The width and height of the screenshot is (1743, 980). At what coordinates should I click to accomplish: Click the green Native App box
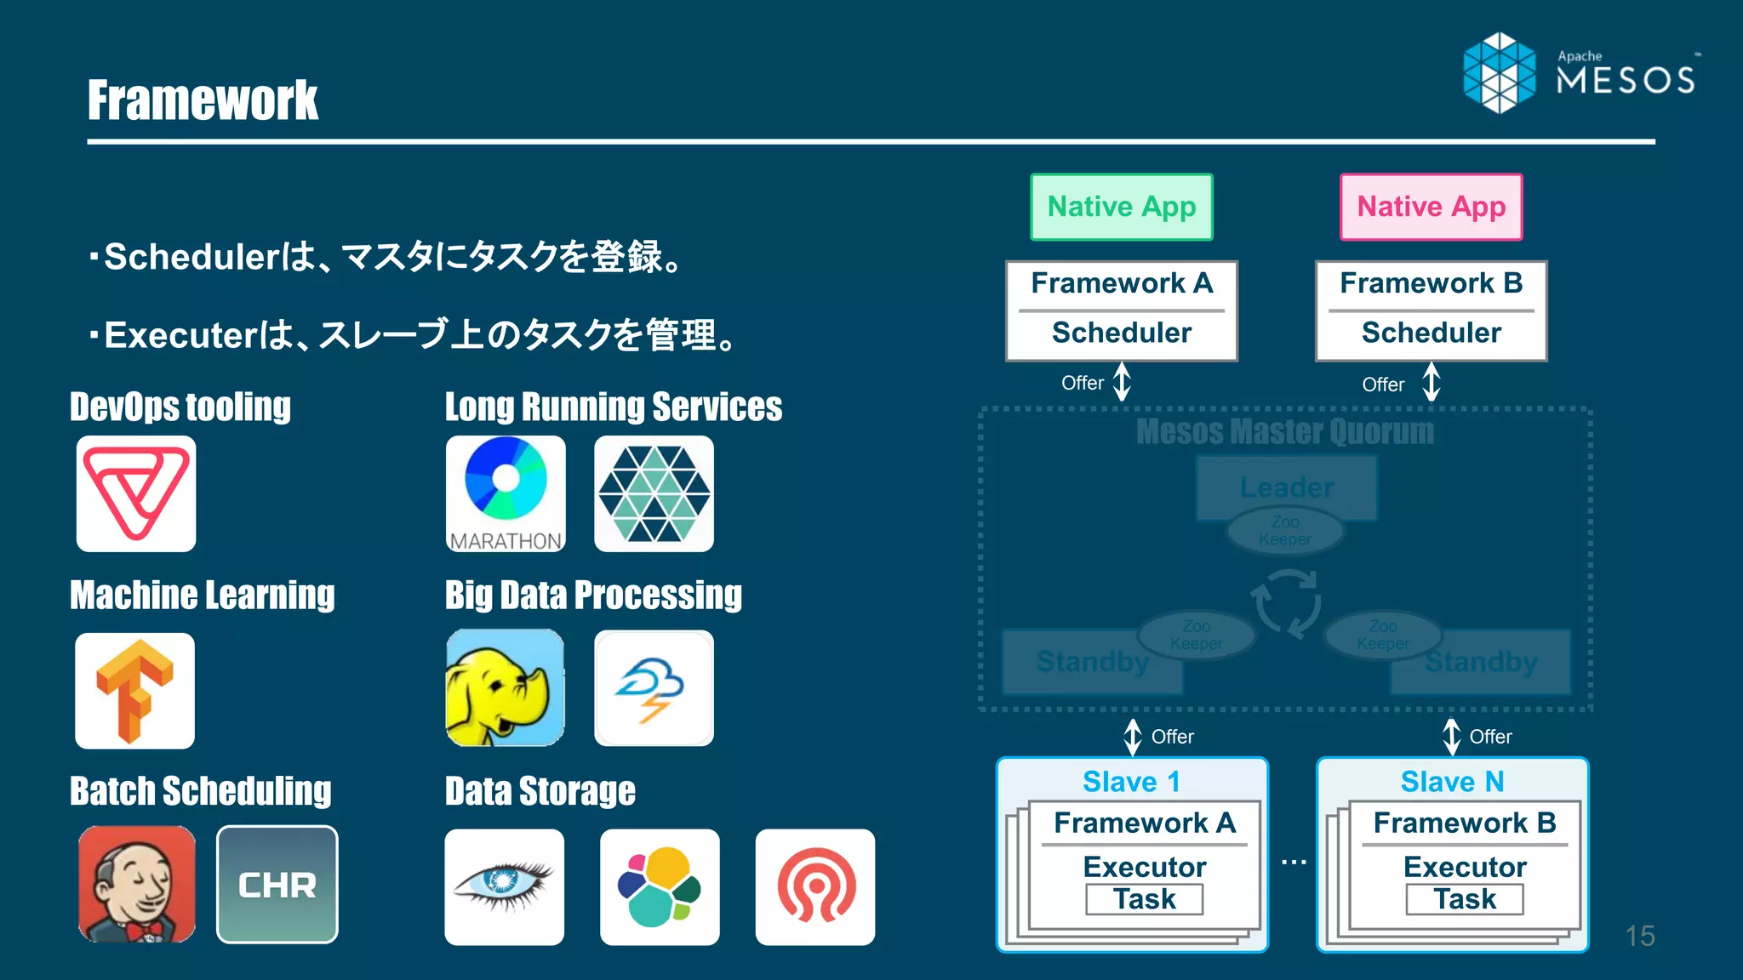point(1121,207)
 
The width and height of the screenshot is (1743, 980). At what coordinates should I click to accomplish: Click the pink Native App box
point(1431,207)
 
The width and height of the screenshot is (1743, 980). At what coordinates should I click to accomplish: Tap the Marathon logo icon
point(506,493)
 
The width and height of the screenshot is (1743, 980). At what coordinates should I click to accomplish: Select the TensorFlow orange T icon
point(134,690)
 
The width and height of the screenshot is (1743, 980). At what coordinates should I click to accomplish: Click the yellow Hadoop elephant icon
point(505,687)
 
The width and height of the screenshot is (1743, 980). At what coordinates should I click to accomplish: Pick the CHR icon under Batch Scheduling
point(277,885)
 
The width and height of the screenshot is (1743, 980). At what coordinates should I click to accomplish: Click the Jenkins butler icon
point(136,885)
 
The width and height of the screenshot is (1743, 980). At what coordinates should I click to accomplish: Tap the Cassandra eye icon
point(504,886)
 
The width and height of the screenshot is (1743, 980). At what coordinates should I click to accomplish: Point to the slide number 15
point(1639,936)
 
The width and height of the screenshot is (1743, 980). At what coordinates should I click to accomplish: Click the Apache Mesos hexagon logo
point(1499,73)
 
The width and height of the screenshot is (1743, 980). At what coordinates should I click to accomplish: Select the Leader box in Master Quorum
point(1286,487)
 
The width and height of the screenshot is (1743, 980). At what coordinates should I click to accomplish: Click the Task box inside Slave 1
point(1144,899)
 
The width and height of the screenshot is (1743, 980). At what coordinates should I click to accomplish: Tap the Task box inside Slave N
point(1464,899)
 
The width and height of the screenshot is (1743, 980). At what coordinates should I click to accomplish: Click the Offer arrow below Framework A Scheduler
point(1122,381)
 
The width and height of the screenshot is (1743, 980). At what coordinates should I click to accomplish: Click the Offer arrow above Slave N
point(1452,737)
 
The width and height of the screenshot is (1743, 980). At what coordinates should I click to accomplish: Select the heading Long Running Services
point(613,407)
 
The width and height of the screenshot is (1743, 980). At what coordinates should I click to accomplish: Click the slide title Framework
point(203,100)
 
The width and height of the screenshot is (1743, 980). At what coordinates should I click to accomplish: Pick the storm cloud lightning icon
point(653,687)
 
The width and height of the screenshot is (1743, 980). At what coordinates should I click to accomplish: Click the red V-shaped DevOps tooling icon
point(136,493)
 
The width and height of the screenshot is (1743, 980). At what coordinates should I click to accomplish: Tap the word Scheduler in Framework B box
point(1431,333)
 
